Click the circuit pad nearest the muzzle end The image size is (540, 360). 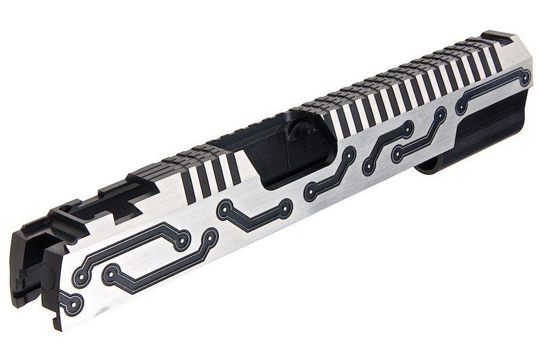pyautogui.click(x=524, y=79)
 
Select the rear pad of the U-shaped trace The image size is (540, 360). pyautogui.click(x=223, y=211)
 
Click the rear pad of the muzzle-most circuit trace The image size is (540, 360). pyautogui.click(x=461, y=107)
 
